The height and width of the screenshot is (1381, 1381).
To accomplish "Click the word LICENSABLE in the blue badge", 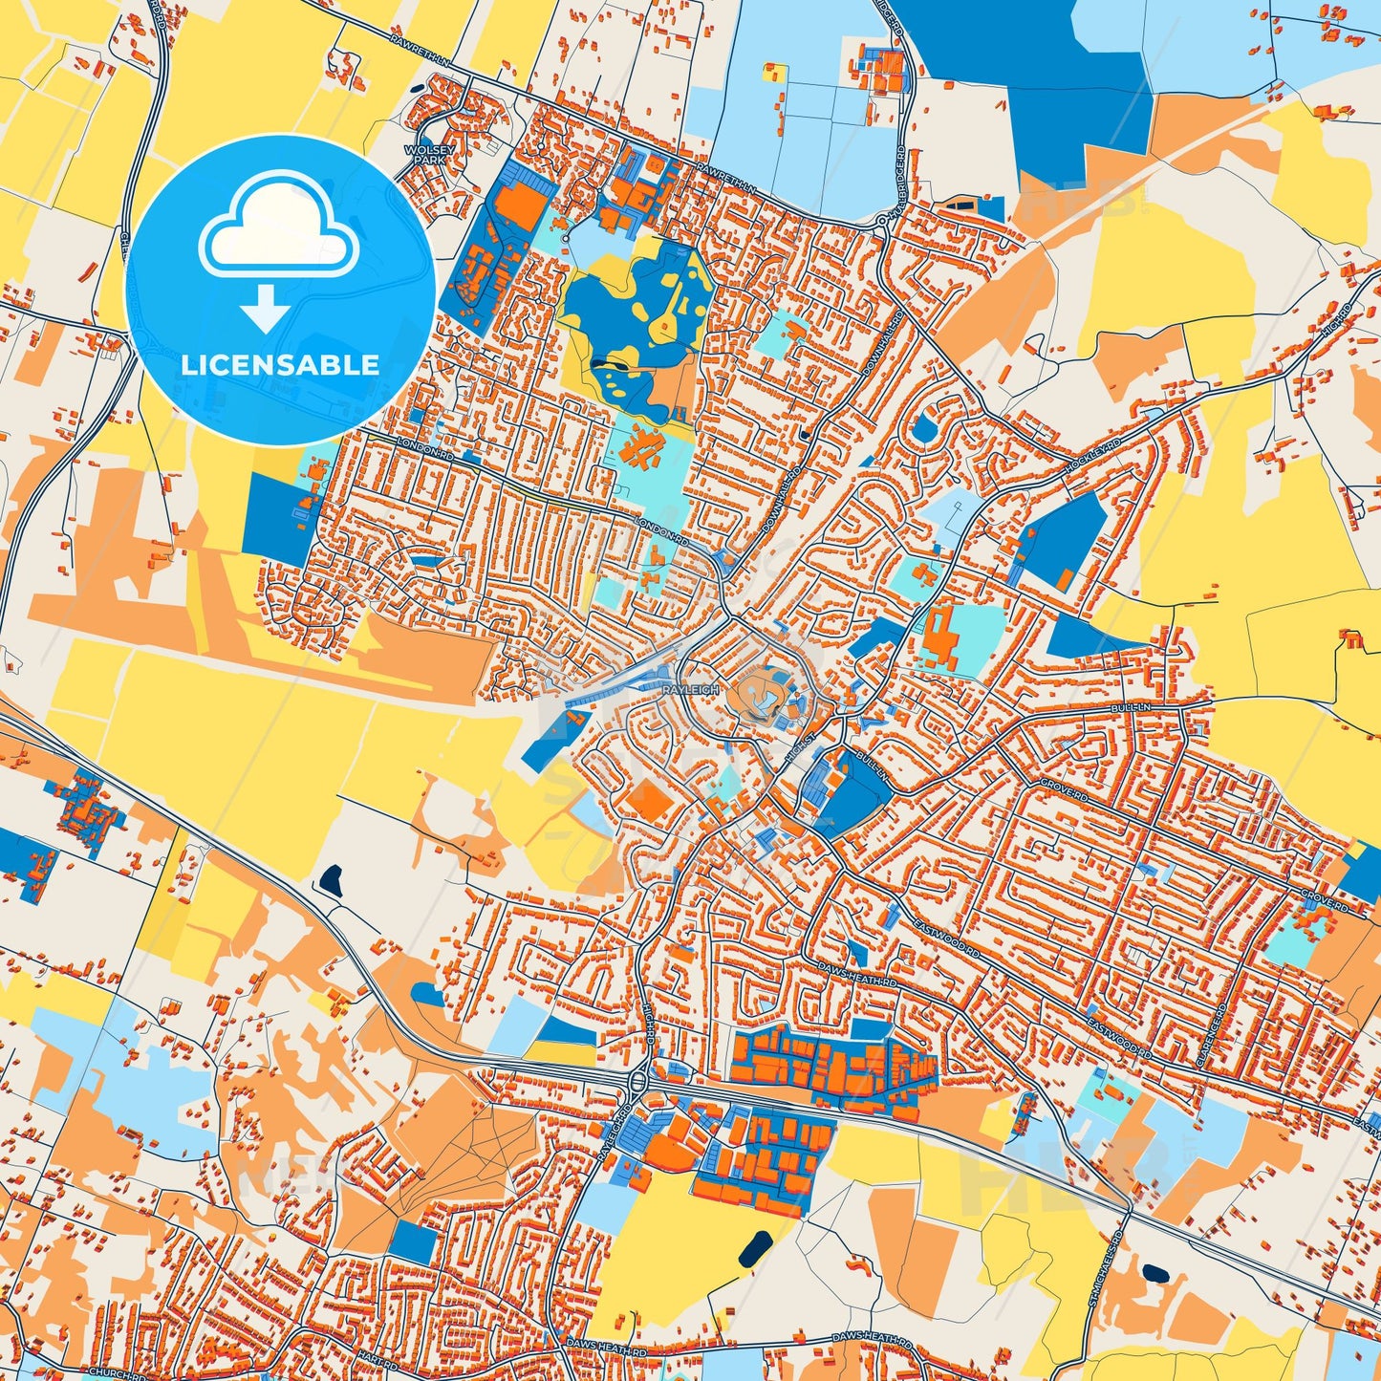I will click(x=280, y=365).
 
